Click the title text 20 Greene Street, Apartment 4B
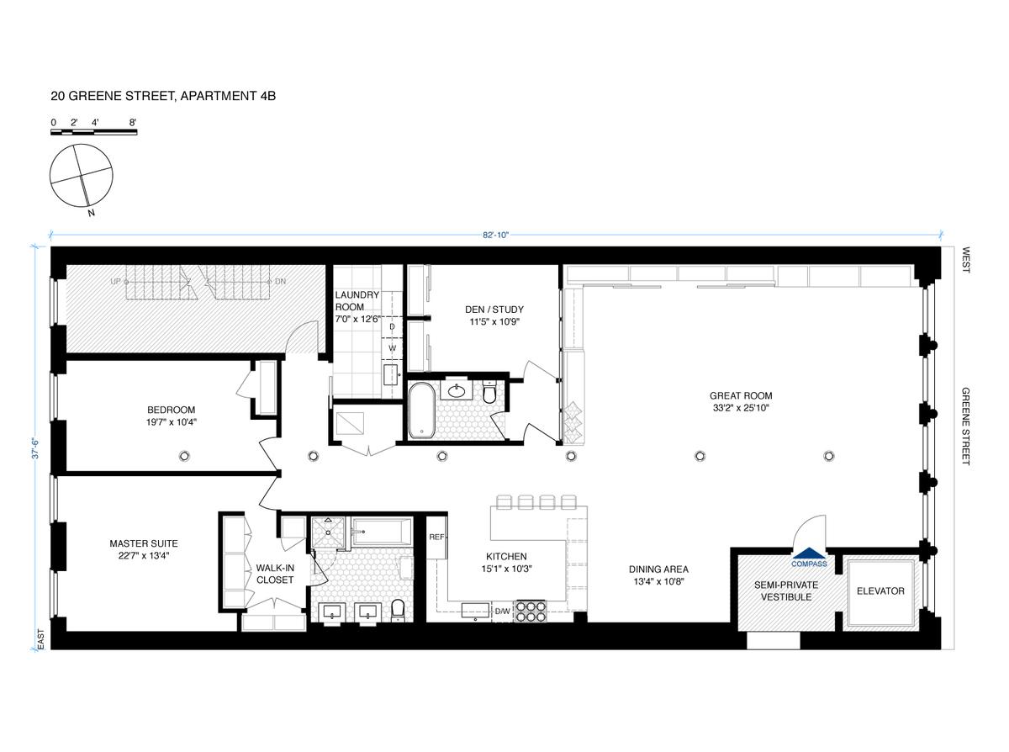(163, 97)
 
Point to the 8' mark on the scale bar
(132, 123)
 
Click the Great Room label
(740, 395)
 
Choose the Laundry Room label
(357, 301)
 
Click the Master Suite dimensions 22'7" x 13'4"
(144, 555)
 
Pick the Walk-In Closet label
(275, 574)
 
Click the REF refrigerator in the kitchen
(437, 537)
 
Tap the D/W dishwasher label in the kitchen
(502, 611)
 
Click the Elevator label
(880, 590)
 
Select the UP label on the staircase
(115, 282)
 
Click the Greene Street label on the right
(965, 426)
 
